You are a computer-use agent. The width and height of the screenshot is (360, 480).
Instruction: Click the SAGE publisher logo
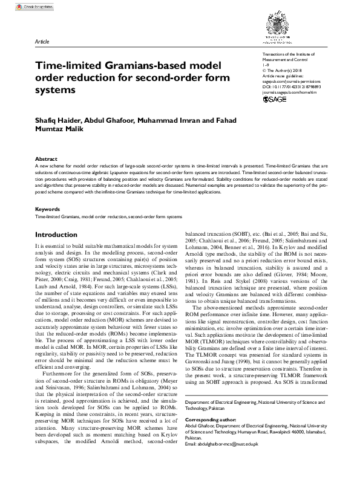tap(276, 99)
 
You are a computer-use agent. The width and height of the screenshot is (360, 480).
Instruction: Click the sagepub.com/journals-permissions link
tap(289, 81)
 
